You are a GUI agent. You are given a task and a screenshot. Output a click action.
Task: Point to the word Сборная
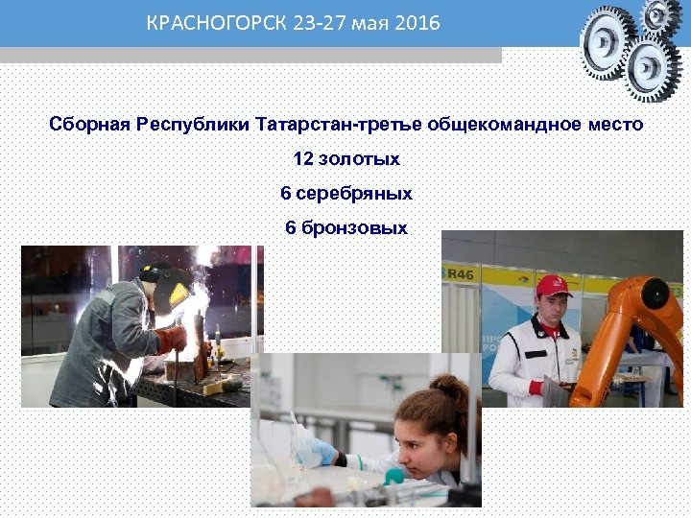point(89,126)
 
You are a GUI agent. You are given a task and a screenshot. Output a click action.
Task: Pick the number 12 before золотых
point(302,159)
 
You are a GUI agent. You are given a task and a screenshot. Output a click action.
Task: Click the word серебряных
point(354,194)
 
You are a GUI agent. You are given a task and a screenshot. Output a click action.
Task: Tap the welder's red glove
point(173,339)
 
